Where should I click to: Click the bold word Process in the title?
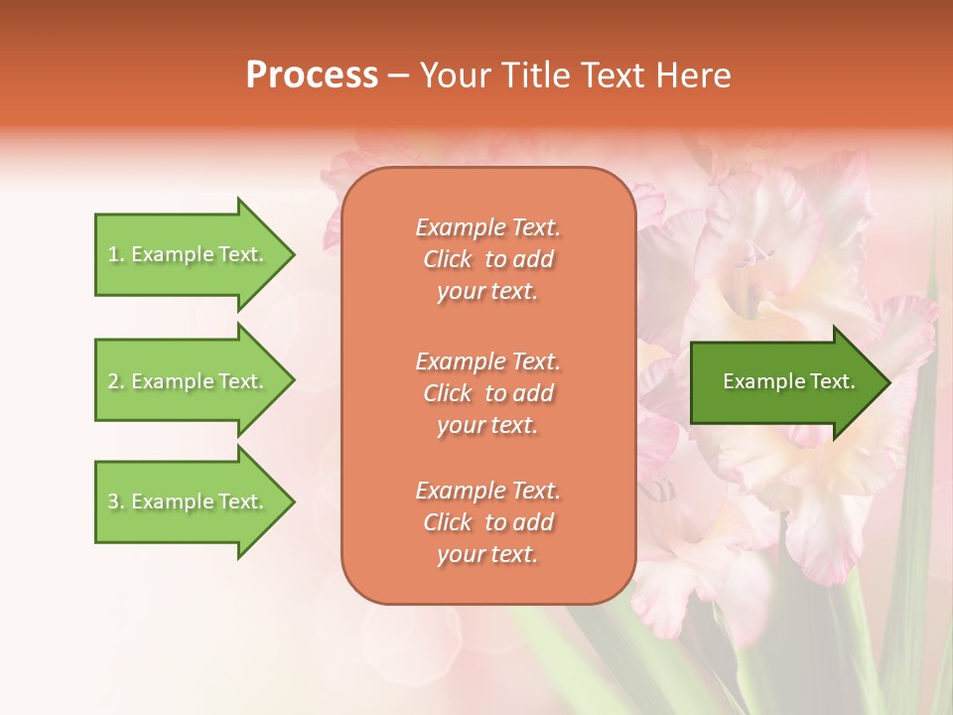tap(312, 75)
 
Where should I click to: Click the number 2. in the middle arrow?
tap(116, 381)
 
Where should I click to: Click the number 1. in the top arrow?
tap(115, 254)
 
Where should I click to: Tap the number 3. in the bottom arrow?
tap(116, 501)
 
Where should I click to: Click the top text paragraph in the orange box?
tap(488, 259)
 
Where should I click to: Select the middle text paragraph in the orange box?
tap(488, 393)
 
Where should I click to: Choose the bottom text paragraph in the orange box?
tap(488, 522)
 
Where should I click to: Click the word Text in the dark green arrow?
tap(833, 381)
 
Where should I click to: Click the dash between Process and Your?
tap(398, 76)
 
